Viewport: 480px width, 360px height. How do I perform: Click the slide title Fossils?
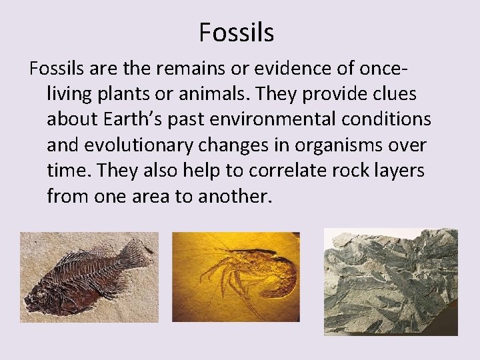(x=236, y=32)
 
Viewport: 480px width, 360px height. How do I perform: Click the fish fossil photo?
(x=89, y=277)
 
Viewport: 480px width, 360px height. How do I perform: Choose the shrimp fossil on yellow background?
(x=235, y=276)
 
